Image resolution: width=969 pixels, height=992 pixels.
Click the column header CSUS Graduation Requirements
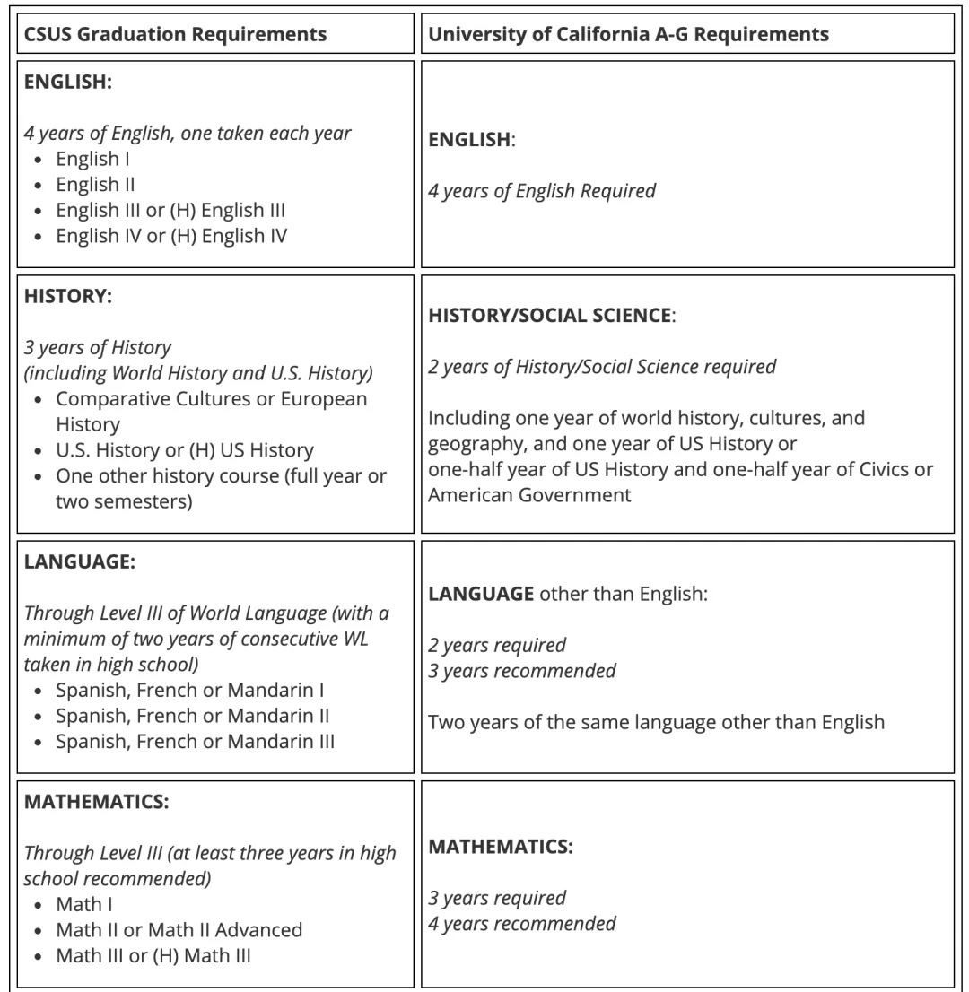[175, 35]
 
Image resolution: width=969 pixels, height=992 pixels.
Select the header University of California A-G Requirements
[628, 35]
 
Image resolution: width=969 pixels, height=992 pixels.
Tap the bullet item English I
[87, 160]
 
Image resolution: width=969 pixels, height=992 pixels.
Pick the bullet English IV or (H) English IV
[170, 237]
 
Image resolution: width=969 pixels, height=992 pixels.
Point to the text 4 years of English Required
[541, 191]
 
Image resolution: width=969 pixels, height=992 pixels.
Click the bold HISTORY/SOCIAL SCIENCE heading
[550, 316]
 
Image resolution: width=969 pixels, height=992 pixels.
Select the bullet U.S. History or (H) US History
[184, 450]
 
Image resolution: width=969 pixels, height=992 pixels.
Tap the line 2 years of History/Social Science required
[601, 367]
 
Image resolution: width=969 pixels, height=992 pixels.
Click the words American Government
[529, 495]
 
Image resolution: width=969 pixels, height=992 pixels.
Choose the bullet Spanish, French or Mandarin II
[192, 717]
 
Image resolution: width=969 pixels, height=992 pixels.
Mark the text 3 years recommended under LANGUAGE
[521, 671]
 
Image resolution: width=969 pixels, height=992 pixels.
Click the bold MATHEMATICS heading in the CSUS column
[96, 803]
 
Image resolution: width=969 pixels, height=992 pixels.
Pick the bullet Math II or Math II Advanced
[179, 930]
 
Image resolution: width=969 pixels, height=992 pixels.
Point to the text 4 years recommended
[521, 924]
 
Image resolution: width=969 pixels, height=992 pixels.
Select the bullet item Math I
[84, 905]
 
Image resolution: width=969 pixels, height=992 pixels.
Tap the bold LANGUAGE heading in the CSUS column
[80, 562]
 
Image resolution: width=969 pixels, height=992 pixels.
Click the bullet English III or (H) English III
[170, 211]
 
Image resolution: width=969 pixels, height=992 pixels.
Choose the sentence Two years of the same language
[655, 722]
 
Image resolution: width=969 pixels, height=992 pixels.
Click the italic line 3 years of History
[98, 347]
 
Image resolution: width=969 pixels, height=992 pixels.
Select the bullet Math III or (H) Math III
[153, 956]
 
